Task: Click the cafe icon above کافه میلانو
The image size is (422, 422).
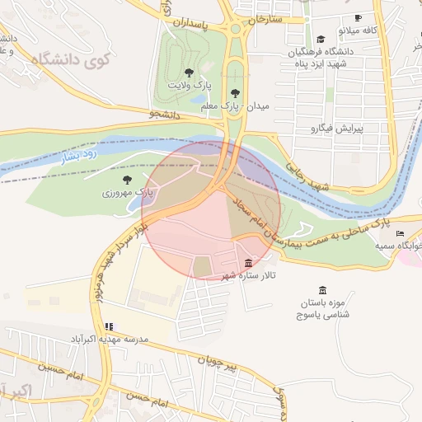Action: [357, 17]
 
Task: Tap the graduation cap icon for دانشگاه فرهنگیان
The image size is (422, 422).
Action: [320, 39]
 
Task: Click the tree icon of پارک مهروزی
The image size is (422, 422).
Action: [127, 179]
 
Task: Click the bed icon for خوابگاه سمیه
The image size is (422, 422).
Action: [400, 233]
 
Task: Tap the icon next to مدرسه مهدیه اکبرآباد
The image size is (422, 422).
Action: [109, 326]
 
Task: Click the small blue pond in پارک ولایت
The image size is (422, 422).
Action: [199, 100]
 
